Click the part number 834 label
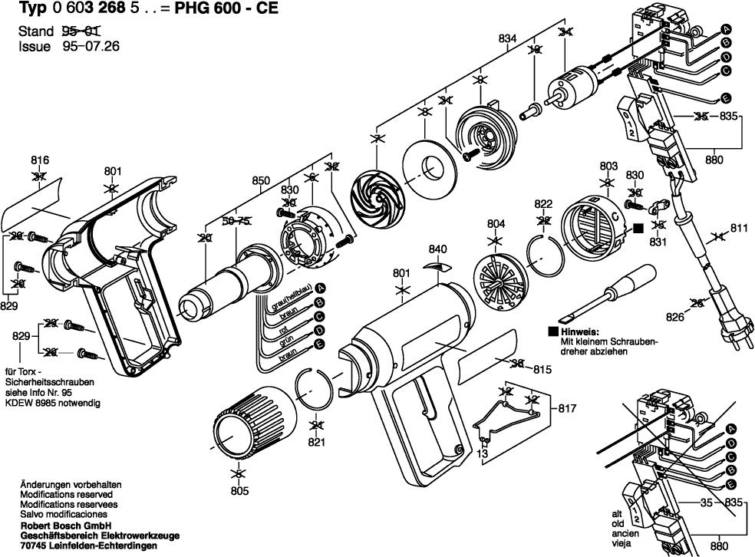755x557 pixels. (506, 38)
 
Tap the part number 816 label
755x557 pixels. (40, 160)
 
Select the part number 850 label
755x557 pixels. (262, 181)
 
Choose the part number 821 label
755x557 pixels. (316, 443)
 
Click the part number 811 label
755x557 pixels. (739, 228)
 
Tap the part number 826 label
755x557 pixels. (675, 315)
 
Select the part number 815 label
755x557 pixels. (543, 370)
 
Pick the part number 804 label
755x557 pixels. (496, 224)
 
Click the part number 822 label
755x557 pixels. (543, 203)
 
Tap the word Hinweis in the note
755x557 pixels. (579, 332)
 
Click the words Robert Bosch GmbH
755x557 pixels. (66, 525)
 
